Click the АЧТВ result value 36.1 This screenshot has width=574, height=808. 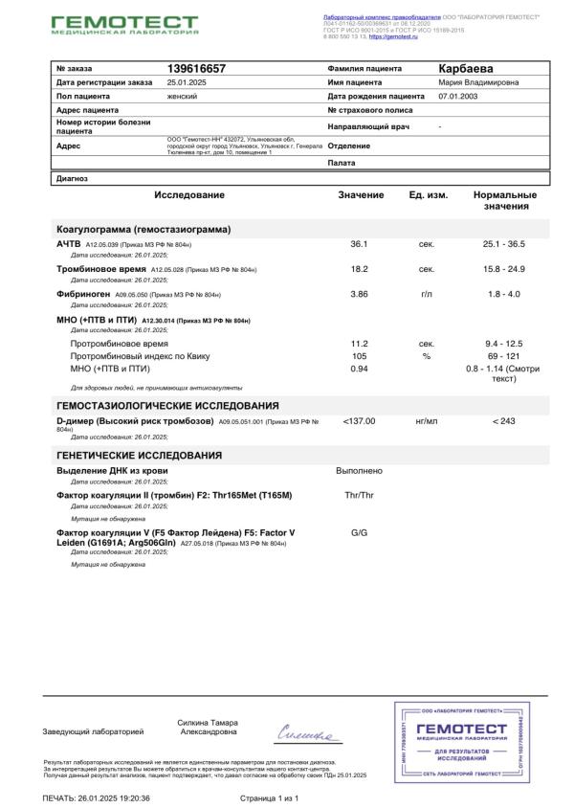360,244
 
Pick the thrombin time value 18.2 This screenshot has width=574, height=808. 360,269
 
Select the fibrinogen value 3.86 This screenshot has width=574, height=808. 360,293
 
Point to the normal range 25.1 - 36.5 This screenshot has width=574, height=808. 503,244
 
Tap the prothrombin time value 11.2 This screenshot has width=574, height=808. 360,343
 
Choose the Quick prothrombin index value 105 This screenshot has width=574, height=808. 360,355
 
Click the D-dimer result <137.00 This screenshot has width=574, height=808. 359,420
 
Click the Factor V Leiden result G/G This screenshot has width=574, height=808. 360,532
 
